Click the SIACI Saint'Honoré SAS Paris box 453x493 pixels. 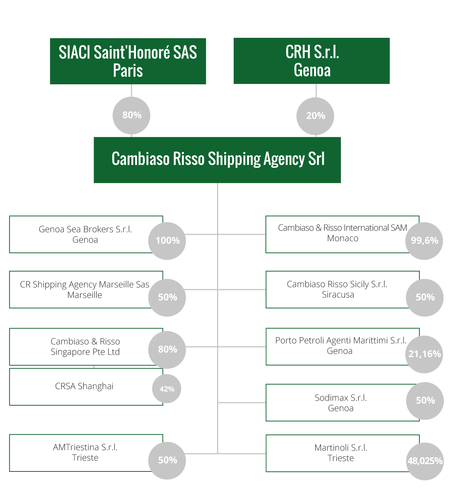(128, 61)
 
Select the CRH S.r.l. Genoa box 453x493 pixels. (311, 61)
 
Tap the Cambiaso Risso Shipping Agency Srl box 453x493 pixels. (217, 160)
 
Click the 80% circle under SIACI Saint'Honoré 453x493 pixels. (131, 116)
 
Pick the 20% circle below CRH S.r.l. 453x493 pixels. (315, 116)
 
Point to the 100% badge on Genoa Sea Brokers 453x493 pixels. (167, 241)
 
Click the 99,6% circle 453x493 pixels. (424, 241)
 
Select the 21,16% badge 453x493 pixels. (424, 355)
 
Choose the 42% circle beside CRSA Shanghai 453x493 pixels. (166, 389)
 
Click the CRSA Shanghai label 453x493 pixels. (84, 386)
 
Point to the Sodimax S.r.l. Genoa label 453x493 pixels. (341, 403)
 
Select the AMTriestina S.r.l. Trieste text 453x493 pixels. (85, 453)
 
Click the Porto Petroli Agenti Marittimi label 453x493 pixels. (341, 340)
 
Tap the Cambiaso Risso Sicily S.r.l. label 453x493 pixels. (337, 284)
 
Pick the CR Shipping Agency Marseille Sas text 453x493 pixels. (85, 285)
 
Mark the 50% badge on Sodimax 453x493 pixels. (425, 401)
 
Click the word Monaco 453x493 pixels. (342, 239)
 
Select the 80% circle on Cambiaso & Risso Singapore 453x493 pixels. (167, 350)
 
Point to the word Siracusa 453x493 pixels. (338, 295)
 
